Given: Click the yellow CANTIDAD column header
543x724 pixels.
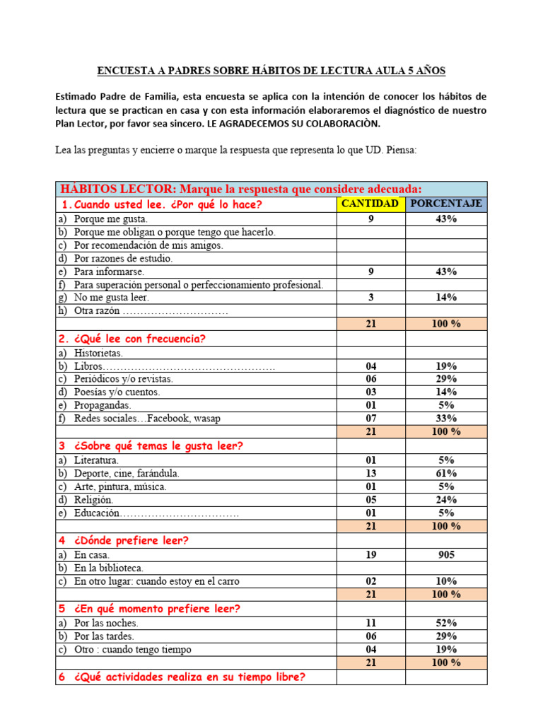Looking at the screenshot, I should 370,204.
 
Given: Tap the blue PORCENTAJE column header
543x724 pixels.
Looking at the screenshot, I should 446,204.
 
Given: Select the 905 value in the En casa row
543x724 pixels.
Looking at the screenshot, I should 446,555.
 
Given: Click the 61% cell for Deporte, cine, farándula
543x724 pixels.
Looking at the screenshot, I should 446,473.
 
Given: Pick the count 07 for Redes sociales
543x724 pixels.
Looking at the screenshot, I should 370,419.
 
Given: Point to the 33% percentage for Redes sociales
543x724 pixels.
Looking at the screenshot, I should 446,419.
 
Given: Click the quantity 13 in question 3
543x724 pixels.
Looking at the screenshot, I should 370,473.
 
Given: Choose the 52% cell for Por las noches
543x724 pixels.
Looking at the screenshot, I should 446,623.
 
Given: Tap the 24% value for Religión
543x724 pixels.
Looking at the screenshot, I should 446,500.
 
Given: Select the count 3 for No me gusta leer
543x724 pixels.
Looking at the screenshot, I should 370,298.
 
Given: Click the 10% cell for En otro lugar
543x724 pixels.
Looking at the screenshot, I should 446,581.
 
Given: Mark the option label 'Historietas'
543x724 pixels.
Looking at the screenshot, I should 98,353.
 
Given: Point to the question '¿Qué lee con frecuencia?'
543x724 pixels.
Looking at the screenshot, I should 139,339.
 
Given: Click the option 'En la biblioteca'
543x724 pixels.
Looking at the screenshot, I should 109,568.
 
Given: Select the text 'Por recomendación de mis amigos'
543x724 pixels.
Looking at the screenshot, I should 148,245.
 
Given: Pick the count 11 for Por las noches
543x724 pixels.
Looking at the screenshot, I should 370,623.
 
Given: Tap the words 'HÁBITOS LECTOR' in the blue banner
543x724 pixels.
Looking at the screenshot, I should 118,189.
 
